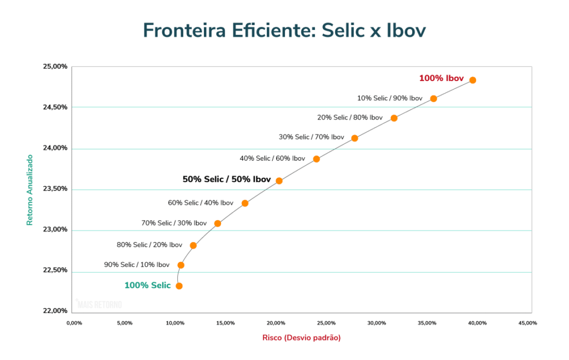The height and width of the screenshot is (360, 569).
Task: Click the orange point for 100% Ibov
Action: [472, 80]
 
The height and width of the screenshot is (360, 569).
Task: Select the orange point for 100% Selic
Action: [179, 286]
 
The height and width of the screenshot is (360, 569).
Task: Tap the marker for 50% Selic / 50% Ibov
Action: [279, 181]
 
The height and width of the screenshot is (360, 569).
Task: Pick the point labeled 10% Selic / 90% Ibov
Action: [433, 99]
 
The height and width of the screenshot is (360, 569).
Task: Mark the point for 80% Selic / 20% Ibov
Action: [193, 246]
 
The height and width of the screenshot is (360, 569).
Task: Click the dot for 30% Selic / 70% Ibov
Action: [355, 138]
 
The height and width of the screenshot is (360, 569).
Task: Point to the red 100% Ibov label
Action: [441, 78]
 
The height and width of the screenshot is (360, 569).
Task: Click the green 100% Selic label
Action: [147, 286]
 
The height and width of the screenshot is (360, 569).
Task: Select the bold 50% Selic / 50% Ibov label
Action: [227, 179]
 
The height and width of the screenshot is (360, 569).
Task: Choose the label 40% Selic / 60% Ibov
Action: [272, 158]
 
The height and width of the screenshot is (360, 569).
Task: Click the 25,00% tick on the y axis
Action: [55, 67]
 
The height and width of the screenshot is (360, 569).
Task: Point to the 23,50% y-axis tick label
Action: [55, 189]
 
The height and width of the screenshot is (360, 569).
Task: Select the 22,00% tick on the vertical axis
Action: [55, 311]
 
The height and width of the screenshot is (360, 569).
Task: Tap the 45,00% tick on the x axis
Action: [527, 323]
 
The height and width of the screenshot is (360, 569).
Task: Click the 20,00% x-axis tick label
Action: [276, 323]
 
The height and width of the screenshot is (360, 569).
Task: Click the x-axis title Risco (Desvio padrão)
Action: [301, 338]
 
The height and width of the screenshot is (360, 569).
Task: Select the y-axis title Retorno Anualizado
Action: [30, 189]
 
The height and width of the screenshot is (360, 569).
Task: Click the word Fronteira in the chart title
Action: [183, 30]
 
